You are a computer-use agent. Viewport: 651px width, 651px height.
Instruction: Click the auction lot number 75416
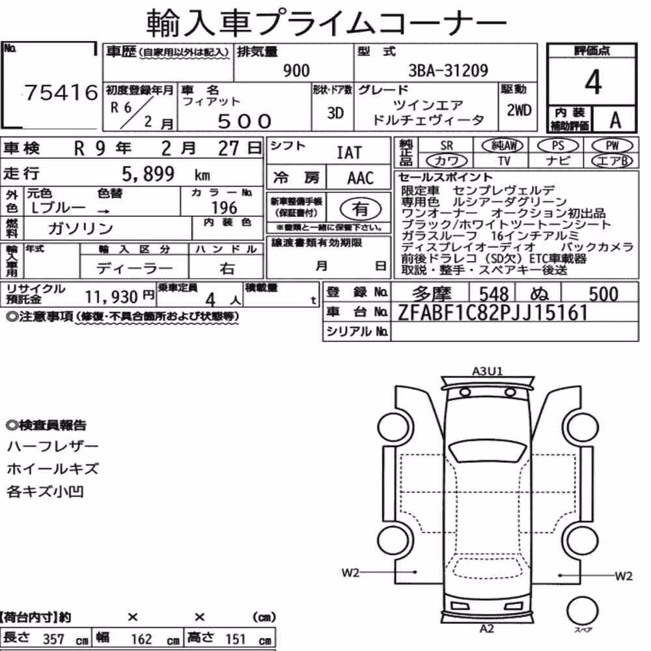pyautogui.click(x=61, y=92)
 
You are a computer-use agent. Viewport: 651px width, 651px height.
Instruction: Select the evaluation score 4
pyautogui.click(x=593, y=82)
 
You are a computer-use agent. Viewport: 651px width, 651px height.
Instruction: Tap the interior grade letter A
pyautogui.click(x=615, y=120)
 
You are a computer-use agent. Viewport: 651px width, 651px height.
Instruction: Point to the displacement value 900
pyautogui.click(x=296, y=70)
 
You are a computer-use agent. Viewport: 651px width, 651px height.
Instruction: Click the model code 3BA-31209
pyautogui.click(x=448, y=70)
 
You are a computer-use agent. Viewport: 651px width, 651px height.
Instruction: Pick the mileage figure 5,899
pyautogui.click(x=148, y=174)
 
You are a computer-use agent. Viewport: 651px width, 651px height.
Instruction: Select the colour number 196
pyautogui.click(x=224, y=208)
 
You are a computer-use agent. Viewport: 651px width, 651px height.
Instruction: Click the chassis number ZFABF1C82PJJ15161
pyautogui.click(x=493, y=312)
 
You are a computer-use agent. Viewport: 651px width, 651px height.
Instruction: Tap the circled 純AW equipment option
pyautogui.click(x=503, y=146)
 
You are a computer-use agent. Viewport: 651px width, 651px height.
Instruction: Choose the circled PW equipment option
pyautogui.click(x=612, y=146)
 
